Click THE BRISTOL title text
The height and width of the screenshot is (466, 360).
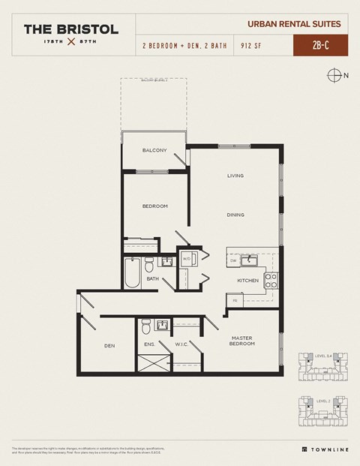70,29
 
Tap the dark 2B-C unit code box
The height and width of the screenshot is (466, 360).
319,45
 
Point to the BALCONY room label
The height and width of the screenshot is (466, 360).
154,150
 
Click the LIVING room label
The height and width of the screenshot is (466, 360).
236,176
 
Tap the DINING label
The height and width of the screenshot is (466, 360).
236,215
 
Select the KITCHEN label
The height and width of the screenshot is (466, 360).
248,281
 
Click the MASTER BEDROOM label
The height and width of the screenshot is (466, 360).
243,340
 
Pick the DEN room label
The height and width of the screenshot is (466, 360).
109,345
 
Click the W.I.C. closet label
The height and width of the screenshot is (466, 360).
181,345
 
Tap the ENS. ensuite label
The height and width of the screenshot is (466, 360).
150,345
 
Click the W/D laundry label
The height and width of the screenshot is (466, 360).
186,260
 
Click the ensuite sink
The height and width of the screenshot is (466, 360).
162,325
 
